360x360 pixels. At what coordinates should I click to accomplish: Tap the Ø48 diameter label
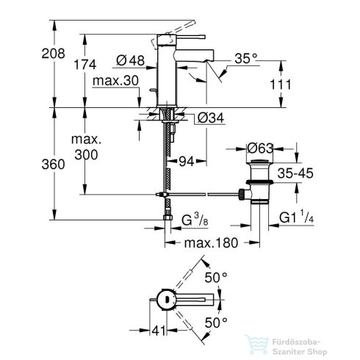pyautogui.click(x=134, y=60)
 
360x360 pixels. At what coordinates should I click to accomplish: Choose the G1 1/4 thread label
pyautogui.click(x=298, y=216)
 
